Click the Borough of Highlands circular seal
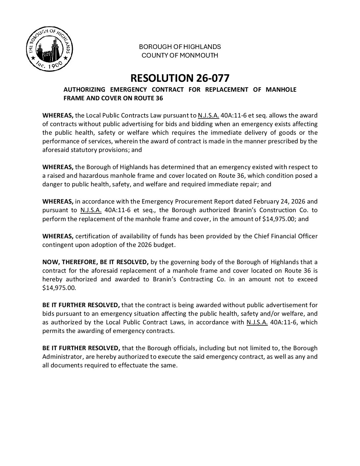pos(49,50)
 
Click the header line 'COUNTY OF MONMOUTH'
pos(180,55)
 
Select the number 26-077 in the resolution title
pos(211,78)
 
